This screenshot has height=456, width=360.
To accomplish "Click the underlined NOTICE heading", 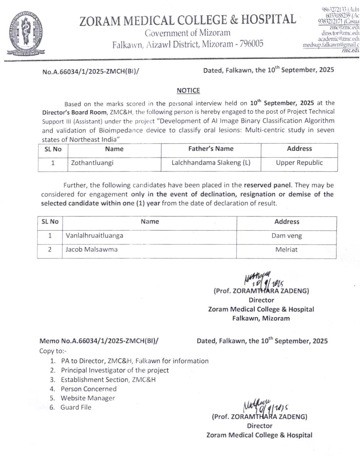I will tap(188, 91).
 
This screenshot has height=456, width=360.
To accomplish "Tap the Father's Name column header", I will tap(211, 149).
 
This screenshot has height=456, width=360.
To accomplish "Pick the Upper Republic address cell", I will tap(299, 163).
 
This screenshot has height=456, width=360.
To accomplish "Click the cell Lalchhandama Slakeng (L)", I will tap(211, 163).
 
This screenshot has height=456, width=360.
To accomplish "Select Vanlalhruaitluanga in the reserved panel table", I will tap(95, 236).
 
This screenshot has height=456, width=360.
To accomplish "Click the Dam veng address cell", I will tap(286, 236).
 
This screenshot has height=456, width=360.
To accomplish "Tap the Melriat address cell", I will tap(286, 250).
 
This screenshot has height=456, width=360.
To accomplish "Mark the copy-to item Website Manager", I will tap(88, 398).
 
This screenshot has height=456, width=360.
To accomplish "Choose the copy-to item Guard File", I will tap(76, 407).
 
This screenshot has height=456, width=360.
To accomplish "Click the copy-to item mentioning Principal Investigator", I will tap(115, 370).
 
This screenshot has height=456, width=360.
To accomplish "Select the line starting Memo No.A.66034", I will tap(99, 341).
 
